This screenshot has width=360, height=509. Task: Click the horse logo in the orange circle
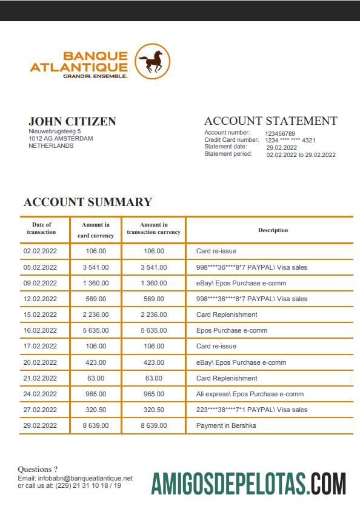coord(152,61)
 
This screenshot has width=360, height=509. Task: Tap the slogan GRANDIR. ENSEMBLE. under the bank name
coord(95,76)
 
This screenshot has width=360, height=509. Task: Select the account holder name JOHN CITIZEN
coord(72,121)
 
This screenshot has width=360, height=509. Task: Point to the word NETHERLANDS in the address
coord(51,146)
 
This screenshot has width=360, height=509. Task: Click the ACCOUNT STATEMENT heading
coord(270,121)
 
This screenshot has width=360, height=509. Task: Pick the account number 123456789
coord(280,133)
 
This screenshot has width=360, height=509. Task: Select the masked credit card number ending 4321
coord(290,141)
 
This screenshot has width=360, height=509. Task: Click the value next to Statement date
coord(282,147)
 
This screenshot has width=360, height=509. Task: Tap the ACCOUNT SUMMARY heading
coord(87,202)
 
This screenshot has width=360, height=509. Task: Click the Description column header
coord(273,230)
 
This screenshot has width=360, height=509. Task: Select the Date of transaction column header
coord(41,228)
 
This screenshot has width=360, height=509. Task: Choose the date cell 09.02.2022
coord(40,283)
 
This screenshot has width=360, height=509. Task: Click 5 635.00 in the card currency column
coord(96,330)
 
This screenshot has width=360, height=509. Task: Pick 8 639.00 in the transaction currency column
coord(153,425)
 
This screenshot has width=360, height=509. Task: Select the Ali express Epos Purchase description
coord(250,394)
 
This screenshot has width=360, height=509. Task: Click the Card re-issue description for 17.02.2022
coord(216,346)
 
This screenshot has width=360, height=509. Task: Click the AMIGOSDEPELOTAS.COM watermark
coord(248,485)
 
